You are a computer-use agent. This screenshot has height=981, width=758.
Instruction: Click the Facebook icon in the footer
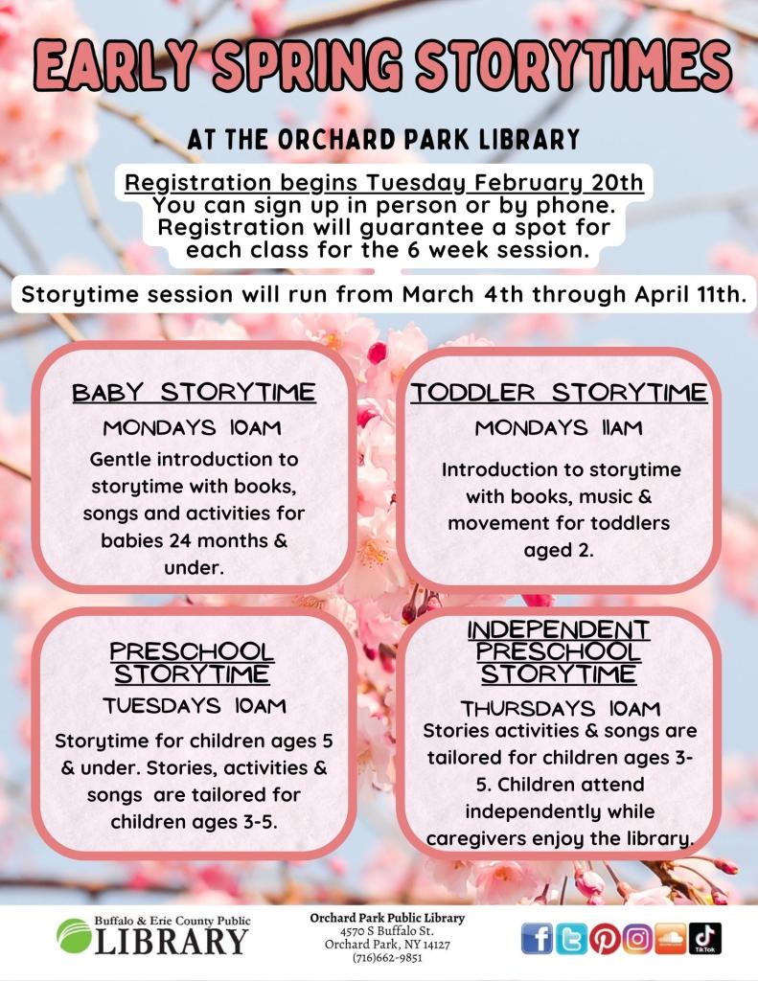(x=539, y=939)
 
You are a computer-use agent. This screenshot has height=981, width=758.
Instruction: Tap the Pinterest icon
(x=604, y=939)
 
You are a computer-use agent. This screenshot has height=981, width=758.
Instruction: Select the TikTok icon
(x=705, y=939)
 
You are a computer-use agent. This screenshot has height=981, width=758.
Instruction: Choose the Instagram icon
(x=637, y=939)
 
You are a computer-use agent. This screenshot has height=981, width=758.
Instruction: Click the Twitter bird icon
(x=571, y=939)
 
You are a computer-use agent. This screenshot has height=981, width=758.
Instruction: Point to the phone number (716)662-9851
(x=386, y=956)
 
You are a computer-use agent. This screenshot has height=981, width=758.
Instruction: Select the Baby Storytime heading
(x=195, y=394)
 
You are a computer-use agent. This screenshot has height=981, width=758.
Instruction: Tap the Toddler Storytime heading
(x=560, y=394)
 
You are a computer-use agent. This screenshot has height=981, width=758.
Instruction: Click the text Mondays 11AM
(x=559, y=428)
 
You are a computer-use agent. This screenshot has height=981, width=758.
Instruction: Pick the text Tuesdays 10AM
(x=195, y=706)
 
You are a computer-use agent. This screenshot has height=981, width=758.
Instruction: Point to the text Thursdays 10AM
(x=560, y=709)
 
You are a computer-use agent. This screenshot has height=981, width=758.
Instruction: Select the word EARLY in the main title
(x=114, y=68)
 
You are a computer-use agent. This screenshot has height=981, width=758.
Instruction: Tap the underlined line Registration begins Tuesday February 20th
(x=384, y=183)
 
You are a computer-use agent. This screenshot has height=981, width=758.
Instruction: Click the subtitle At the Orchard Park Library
(x=384, y=140)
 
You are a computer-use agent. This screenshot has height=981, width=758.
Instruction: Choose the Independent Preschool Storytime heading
(x=559, y=651)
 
